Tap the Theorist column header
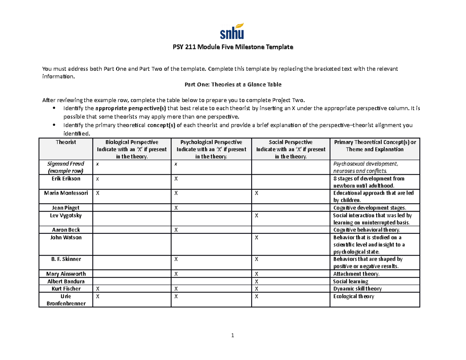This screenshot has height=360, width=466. point(66,142)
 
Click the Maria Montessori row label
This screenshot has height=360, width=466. point(66,193)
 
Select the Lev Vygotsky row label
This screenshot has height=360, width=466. point(66,215)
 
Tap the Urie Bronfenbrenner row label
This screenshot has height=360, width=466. point(66,300)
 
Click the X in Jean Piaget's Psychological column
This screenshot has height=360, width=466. point(176,208)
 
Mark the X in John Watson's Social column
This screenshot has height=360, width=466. point(256,238)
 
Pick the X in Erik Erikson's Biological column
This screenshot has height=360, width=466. point(98,179)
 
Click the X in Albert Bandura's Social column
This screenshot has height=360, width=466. point(256,282)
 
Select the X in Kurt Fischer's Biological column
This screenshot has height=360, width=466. point(98,289)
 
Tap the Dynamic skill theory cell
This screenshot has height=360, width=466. point(357,289)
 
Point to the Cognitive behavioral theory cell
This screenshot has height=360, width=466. point(361,230)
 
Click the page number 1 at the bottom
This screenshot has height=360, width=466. point(232,336)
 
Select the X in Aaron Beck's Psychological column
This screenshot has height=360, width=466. point(176,230)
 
